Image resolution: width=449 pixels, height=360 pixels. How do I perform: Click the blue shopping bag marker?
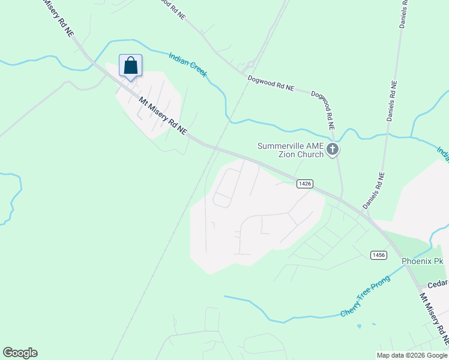tap(131, 66)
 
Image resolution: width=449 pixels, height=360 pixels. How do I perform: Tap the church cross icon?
tap(333, 149)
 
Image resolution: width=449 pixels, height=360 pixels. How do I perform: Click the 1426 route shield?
tap(304, 184)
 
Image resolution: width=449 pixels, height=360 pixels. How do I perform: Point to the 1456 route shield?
tap(378, 255)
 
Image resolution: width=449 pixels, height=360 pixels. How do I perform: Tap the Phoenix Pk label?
tap(422, 262)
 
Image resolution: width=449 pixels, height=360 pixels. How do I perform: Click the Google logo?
tap(20, 353)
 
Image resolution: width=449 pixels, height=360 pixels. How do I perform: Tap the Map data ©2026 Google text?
tap(412, 355)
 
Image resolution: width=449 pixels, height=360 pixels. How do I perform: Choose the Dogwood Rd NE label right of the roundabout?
tap(271, 83)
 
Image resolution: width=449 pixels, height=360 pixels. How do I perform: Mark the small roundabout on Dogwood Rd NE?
tap(250, 64)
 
